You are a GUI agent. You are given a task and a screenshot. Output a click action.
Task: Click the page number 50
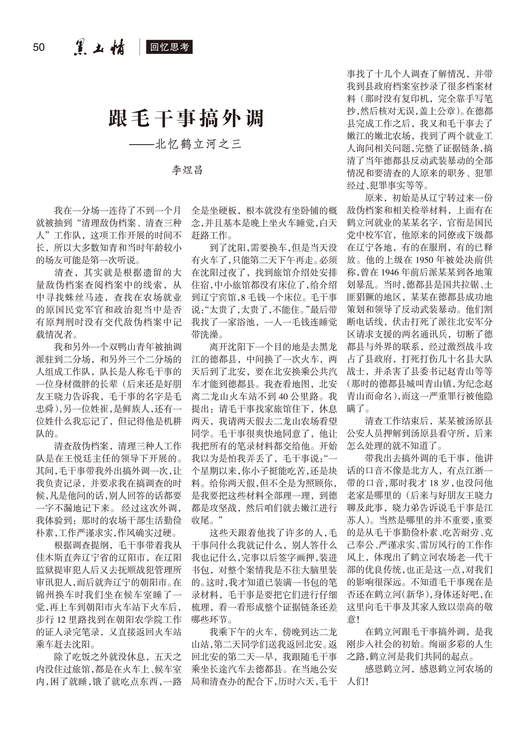point(39,47)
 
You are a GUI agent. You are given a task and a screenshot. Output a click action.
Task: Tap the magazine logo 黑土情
point(99,48)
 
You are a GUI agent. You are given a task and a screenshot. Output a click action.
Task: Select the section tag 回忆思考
point(169,47)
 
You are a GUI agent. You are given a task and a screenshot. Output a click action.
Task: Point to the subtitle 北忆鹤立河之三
point(198,144)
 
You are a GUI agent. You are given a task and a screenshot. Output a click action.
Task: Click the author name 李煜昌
point(187,170)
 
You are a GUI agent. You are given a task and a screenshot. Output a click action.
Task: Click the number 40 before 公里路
point(283,396)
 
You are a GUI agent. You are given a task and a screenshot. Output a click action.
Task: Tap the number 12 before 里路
point(61,619)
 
